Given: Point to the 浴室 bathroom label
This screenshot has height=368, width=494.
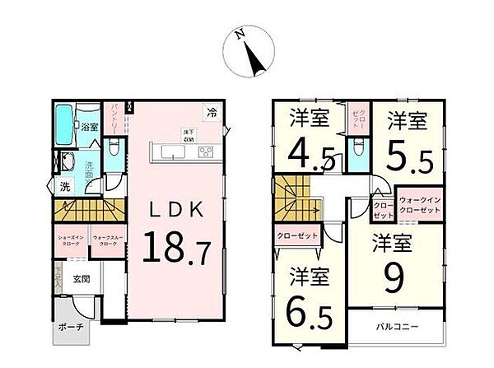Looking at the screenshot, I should (90, 128).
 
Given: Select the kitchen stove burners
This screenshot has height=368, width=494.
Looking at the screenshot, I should (205, 151).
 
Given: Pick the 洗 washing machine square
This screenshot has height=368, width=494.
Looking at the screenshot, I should (63, 187).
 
